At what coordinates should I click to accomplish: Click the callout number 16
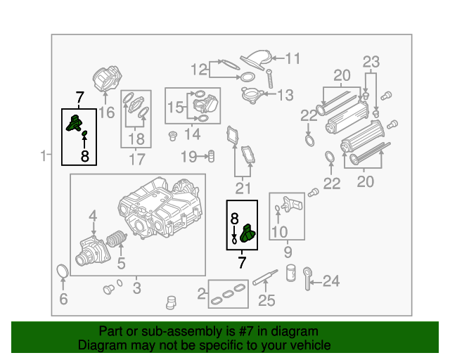[x=106, y=112]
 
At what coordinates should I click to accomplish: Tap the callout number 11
[x=292, y=58]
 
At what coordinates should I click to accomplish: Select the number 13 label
[x=285, y=95]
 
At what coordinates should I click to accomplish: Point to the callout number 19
[x=189, y=155]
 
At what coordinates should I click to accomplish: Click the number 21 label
[x=243, y=188]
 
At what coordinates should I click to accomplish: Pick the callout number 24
[x=330, y=282]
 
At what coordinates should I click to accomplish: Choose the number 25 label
[x=266, y=302]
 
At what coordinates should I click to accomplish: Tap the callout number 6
[x=63, y=300]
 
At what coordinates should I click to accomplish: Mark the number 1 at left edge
[x=44, y=155]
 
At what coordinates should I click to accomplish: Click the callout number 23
[x=371, y=60]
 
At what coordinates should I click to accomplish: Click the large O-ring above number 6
[x=63, y=271]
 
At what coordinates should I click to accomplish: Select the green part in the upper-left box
[x=72, y=124]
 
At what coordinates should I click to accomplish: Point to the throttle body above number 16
[x=106, y=79]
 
